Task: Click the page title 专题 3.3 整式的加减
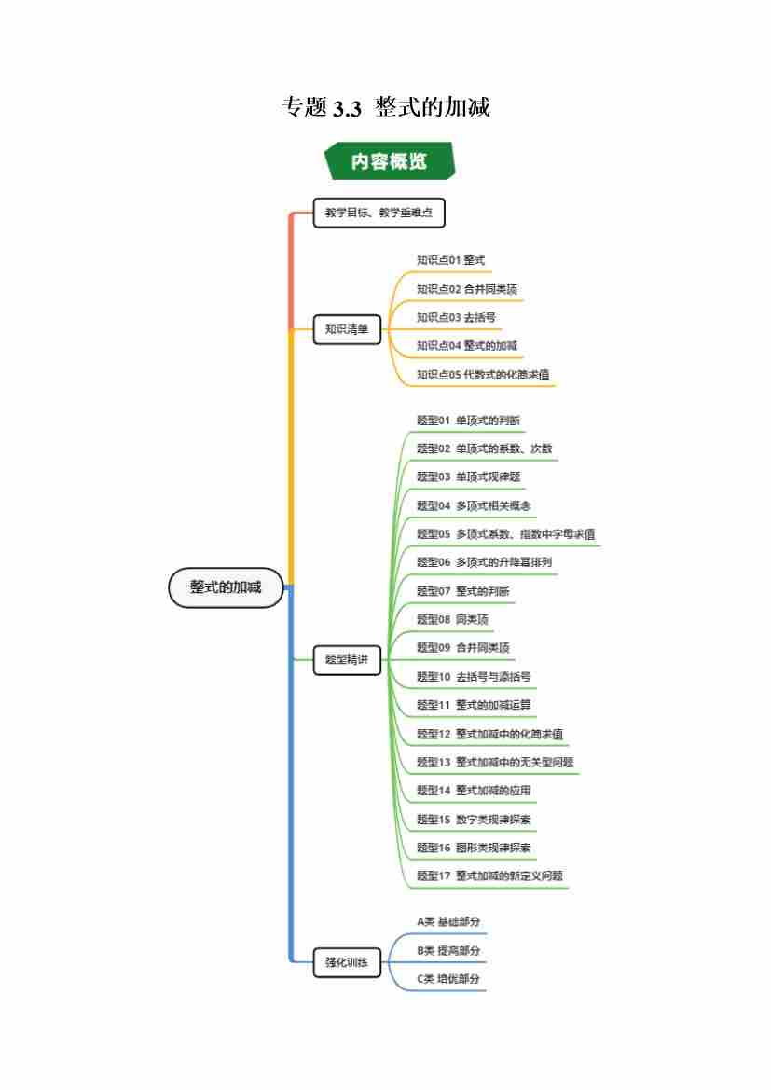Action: tap(386, 107)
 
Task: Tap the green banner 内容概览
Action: tap(389, 160)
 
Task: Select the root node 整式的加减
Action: tap(226, 587)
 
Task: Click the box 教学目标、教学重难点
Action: tap(379, 214)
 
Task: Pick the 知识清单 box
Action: tap(347, 329)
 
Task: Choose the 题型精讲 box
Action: tap(347, 659)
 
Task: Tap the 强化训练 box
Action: tap(347, 962)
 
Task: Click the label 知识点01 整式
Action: tap(450, 260)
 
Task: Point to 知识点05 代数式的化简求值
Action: tap(482, 375)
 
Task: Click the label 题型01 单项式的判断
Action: tap(468, 421)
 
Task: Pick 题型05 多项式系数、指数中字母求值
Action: tap(505, 534)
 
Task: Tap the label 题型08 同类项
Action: tap(452, 619)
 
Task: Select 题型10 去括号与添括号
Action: tap(473, 677)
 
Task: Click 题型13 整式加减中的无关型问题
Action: tap(494, 763)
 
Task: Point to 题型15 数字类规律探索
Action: tap(474, 820)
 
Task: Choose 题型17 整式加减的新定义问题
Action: tap(489, 876)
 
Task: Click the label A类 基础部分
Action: tap(448, 922)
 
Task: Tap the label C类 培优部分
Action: tap(448, 979)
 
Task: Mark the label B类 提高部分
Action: tap(448, 951)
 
